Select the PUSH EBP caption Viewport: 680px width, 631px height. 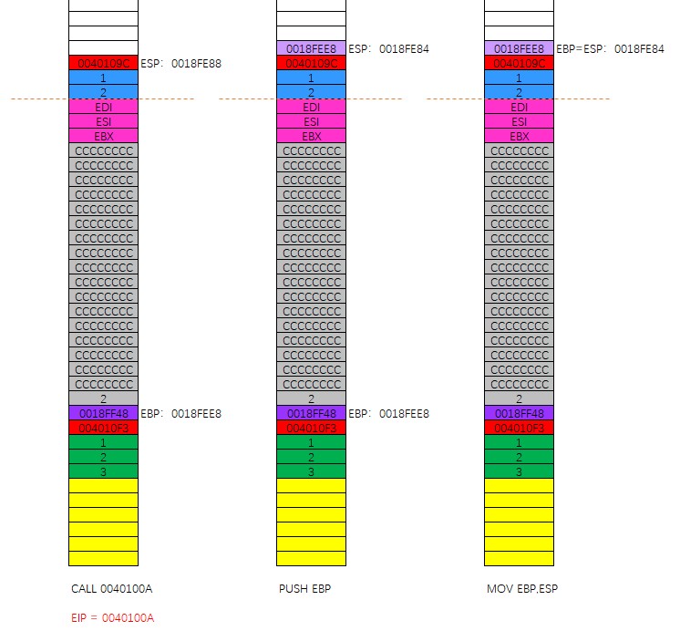(x=304, y=588)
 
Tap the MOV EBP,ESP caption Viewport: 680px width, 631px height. (x=521, y=588)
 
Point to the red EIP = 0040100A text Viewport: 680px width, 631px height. (x=112, y=617)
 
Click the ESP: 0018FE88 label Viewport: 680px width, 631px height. (x=180, y=64)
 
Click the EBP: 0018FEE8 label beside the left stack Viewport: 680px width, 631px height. (x=180, y=413)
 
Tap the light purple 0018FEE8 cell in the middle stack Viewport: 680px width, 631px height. (x=311, y=48)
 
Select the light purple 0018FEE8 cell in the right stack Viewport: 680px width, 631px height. (x=519, y=48)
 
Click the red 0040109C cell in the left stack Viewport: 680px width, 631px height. (x=103, y=64)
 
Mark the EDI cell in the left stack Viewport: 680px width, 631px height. (x=103, y=107)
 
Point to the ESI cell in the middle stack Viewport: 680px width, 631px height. (x=311, y=121)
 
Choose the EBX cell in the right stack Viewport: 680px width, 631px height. (x=519, y=136)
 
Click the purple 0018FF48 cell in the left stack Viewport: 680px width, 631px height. (x=103, y=413)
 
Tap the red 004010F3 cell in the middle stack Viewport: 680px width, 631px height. (x=311, y=428)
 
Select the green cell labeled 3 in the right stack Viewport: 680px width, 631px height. (x=519, y=471)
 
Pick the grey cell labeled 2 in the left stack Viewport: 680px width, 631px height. (x=103, y=398)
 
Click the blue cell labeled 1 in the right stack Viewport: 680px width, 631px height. (x=519, y=78)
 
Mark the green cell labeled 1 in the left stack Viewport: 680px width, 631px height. (x=103, y=442)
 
